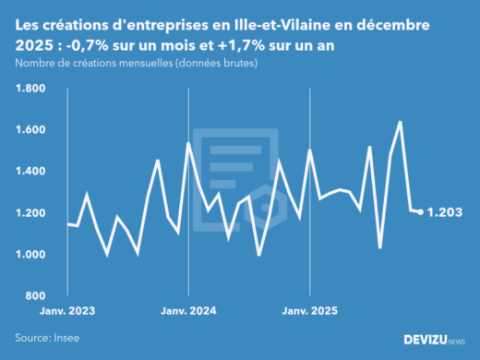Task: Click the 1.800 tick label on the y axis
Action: click(x=31, y=89)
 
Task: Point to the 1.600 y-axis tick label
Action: click(x=31, y=130)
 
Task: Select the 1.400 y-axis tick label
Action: click(x=31, y=172)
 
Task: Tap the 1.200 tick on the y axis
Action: click(x=31, y=213)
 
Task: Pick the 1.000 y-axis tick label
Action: click(x=31, y=255)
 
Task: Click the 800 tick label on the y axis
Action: click(x=37, y=295)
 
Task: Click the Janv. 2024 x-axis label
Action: click(x=188, y=312)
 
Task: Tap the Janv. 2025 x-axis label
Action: click(x=310, y=312)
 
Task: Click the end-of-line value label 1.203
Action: click(x=446, y=212)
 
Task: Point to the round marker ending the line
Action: click(x=421, y=212)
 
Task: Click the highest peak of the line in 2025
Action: click(x=400, y=122)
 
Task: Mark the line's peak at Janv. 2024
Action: click(x=188, y=143)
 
